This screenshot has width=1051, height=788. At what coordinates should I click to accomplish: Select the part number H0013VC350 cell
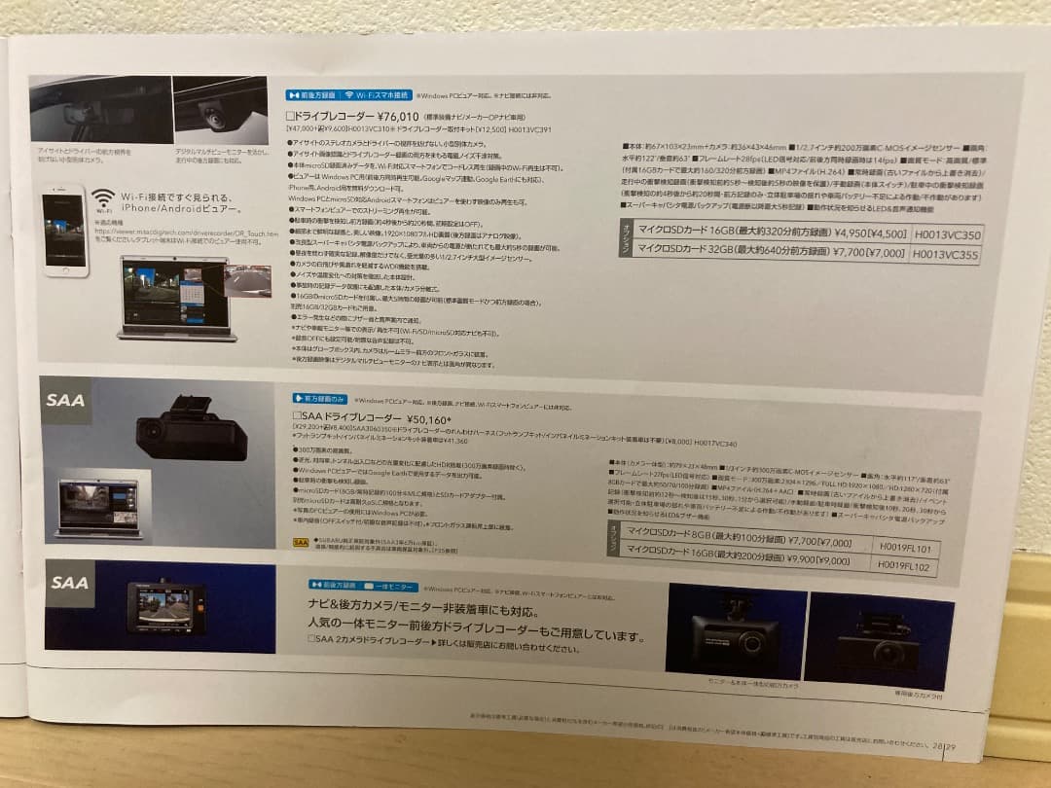coord(946,235)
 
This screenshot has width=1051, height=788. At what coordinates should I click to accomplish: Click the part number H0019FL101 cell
coord(905,548)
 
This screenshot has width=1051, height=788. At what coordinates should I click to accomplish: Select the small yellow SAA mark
coord(300,541)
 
